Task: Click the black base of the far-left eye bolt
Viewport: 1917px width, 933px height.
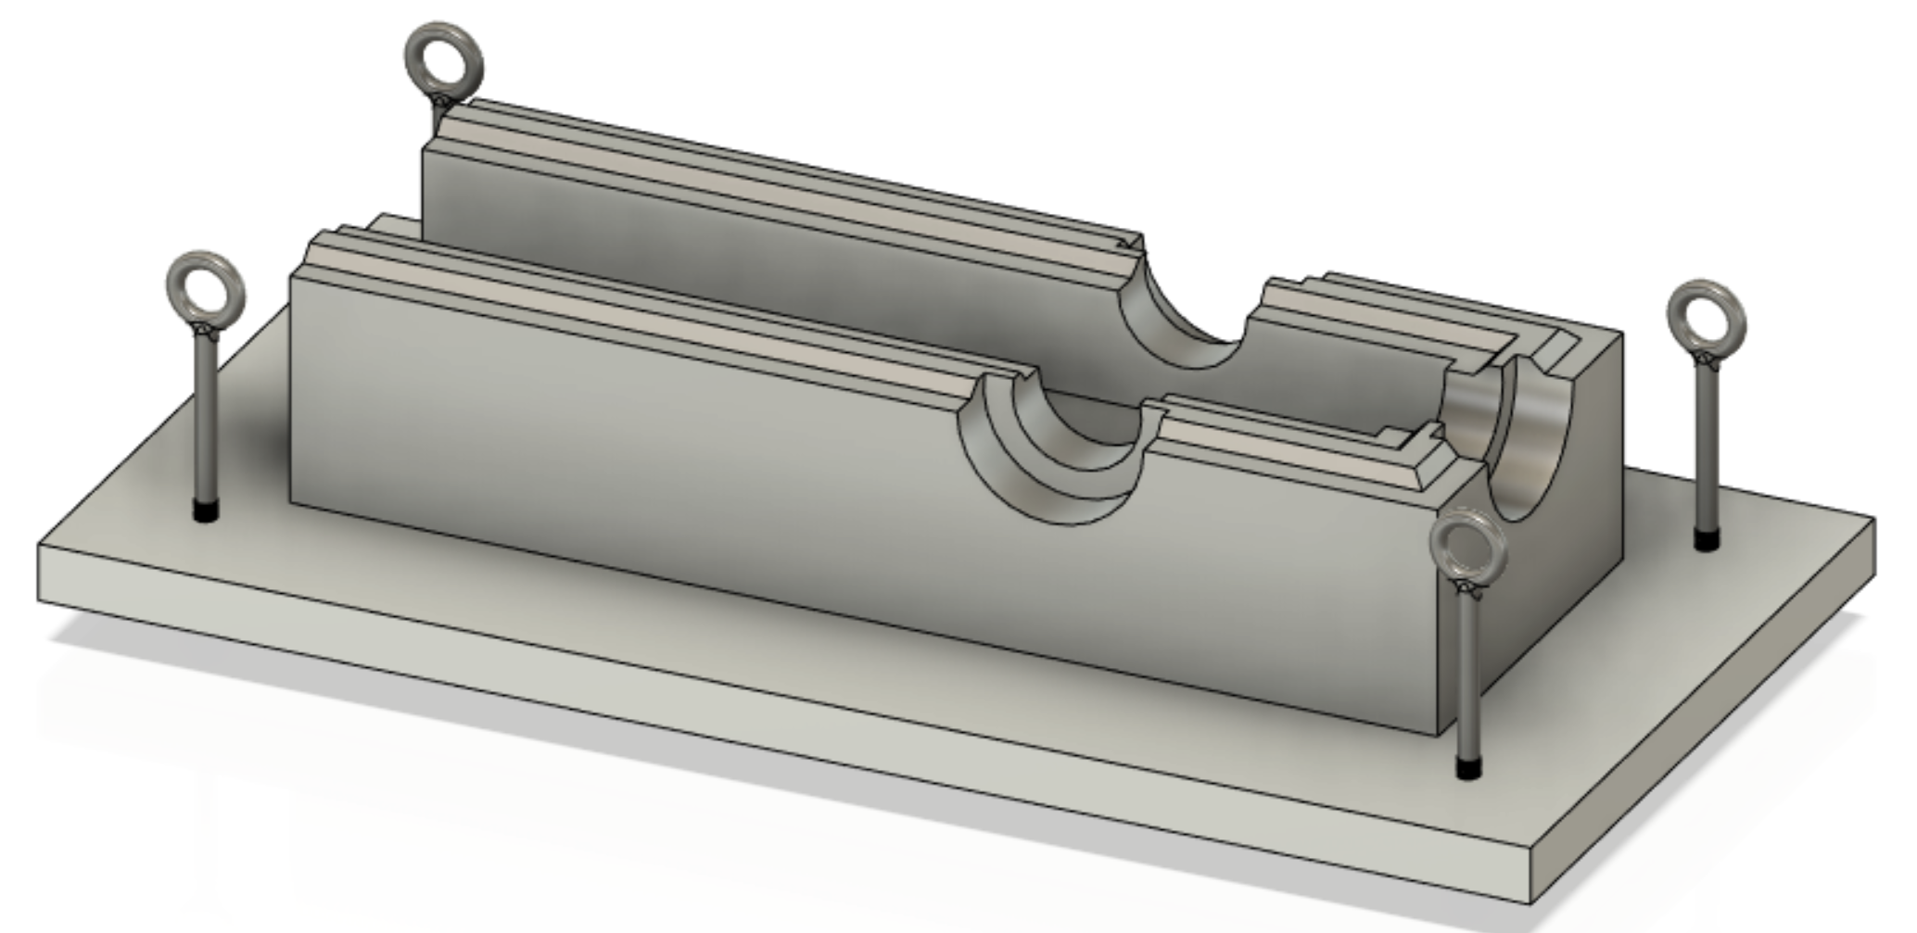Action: [x=206, y=511]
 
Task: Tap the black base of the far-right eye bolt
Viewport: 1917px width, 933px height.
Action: [x=1707, y=539]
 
